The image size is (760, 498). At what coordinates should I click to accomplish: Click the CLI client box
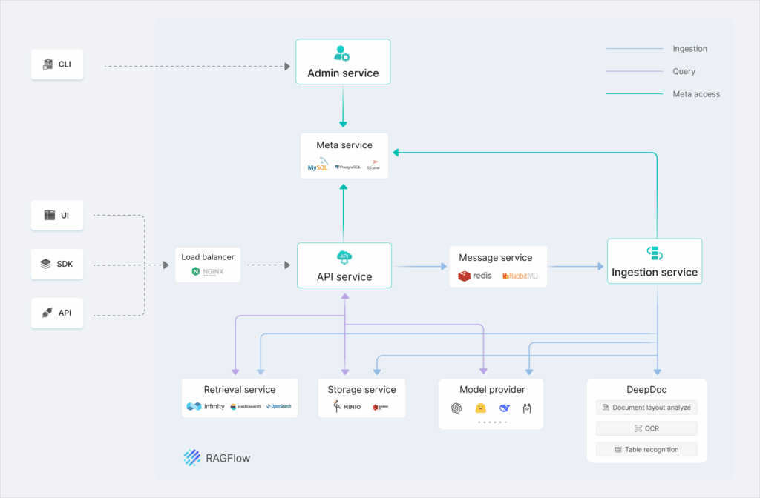[x=57, y=64]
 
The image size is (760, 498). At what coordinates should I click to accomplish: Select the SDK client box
[x=57, y=264]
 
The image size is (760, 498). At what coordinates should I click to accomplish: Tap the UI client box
[x=57, y=215]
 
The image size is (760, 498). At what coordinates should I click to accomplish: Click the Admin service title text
[x=343, y=73]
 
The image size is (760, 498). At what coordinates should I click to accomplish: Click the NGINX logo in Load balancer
[x=208, y=273]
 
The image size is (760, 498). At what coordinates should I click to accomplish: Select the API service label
[x=343, y=277]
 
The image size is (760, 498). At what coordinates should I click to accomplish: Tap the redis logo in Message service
[x=475, y=276]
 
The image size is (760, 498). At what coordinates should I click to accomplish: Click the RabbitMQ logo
[x=521, y=276]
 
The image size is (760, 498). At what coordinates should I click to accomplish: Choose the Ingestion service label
[x=654, y=272]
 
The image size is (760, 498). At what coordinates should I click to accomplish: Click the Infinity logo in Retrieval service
[x=206, y=406]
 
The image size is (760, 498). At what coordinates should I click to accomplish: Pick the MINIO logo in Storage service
[x=346, y=407]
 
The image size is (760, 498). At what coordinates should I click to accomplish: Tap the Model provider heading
[x=491, y=389]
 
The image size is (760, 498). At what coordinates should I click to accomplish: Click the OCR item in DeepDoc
[x=646, y=428]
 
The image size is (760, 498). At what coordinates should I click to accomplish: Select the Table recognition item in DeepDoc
[x=646, y=449]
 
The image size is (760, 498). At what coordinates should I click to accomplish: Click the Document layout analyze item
[x=646, y=408]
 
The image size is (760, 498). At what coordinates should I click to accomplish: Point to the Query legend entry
[x=684, y=72]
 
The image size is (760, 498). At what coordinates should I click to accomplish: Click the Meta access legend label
[x=695, y=94]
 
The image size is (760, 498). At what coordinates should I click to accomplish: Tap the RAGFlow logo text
[x=228, y=458]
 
